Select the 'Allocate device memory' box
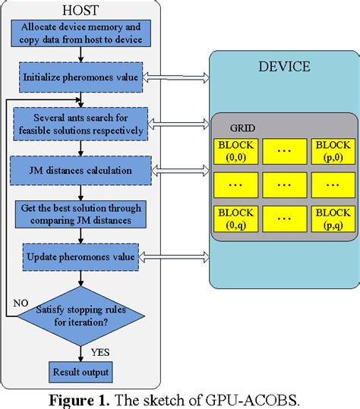coord(81,32)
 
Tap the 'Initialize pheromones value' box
coord(81,76)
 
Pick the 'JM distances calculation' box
coord(81,170)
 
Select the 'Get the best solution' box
coord(81,214)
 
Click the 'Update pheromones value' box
coord(81,256)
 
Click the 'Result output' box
coord(81,373)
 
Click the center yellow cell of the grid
coord(282,184)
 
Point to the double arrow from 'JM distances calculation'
coord(180,171)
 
